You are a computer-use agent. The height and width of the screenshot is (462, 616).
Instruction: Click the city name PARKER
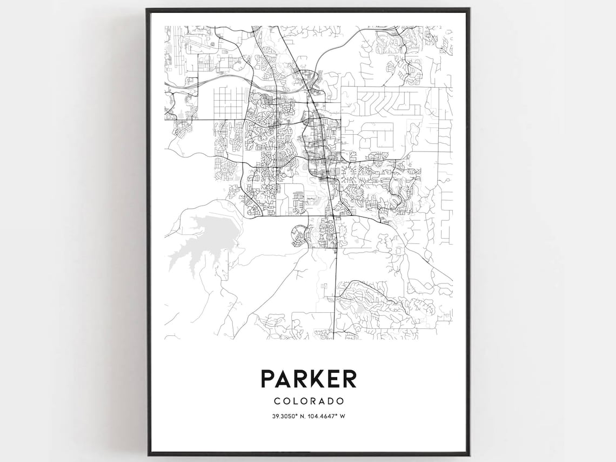pos(309,378)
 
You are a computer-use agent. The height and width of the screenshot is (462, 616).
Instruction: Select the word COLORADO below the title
pos(309,401)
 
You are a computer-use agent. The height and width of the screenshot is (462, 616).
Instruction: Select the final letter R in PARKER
pos(349,378)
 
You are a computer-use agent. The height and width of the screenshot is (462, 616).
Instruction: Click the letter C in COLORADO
pos(277,401)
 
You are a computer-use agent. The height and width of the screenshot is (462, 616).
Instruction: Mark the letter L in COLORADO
pos(296,401)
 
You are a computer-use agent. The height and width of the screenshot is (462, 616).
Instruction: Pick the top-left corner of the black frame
pos(147,9)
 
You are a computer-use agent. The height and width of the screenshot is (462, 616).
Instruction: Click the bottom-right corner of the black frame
pos(468,454)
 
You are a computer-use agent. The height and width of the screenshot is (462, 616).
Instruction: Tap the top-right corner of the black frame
pos(468,9)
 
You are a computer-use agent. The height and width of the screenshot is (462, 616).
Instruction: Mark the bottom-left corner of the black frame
pos(147,454)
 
